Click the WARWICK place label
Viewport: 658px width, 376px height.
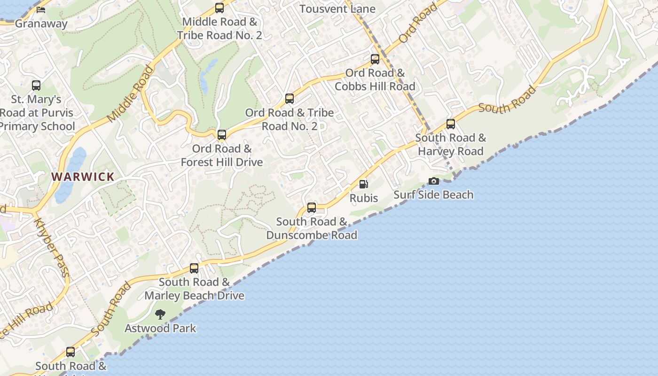coord(83,177)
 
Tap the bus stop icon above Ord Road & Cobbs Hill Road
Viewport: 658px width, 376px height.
coord(375,59)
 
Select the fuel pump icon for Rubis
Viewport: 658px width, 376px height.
coord(363,184)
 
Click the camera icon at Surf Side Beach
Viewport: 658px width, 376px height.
coord(433,181)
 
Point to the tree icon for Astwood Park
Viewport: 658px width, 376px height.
coord(160,314)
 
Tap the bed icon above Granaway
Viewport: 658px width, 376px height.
coord(41,9)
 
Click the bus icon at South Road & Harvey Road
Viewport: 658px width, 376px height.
coord(451,124)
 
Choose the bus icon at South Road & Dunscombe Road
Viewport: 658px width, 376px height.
coord(312,208)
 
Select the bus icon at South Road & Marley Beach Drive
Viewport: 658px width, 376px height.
coord(194,268)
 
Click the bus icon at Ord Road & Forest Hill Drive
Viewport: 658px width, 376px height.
coord(222,135)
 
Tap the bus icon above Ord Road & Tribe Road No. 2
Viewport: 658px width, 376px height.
coord(290,99)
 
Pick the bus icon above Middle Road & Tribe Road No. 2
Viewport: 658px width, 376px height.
coord(219,8)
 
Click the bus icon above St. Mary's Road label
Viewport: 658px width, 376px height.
coord(36,86)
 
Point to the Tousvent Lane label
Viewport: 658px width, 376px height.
coord(337,9)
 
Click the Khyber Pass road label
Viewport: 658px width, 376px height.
coord(52,248)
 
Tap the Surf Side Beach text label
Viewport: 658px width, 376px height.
coord(433,195)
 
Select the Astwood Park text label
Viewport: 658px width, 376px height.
coord(160,328)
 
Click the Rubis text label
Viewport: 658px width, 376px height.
coord(364,198)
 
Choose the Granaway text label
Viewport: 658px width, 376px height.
coord(41,23)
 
